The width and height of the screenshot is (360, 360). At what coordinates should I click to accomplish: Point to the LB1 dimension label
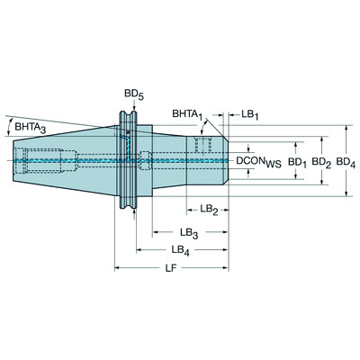pos(247,114)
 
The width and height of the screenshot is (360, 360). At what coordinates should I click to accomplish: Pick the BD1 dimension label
pos(296,163)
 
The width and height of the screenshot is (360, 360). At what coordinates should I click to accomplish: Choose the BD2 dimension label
pos(321,163)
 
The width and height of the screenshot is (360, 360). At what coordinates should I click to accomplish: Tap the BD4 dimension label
pos(346,163)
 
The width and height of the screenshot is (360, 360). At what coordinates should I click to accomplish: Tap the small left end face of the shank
pos(13,162)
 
